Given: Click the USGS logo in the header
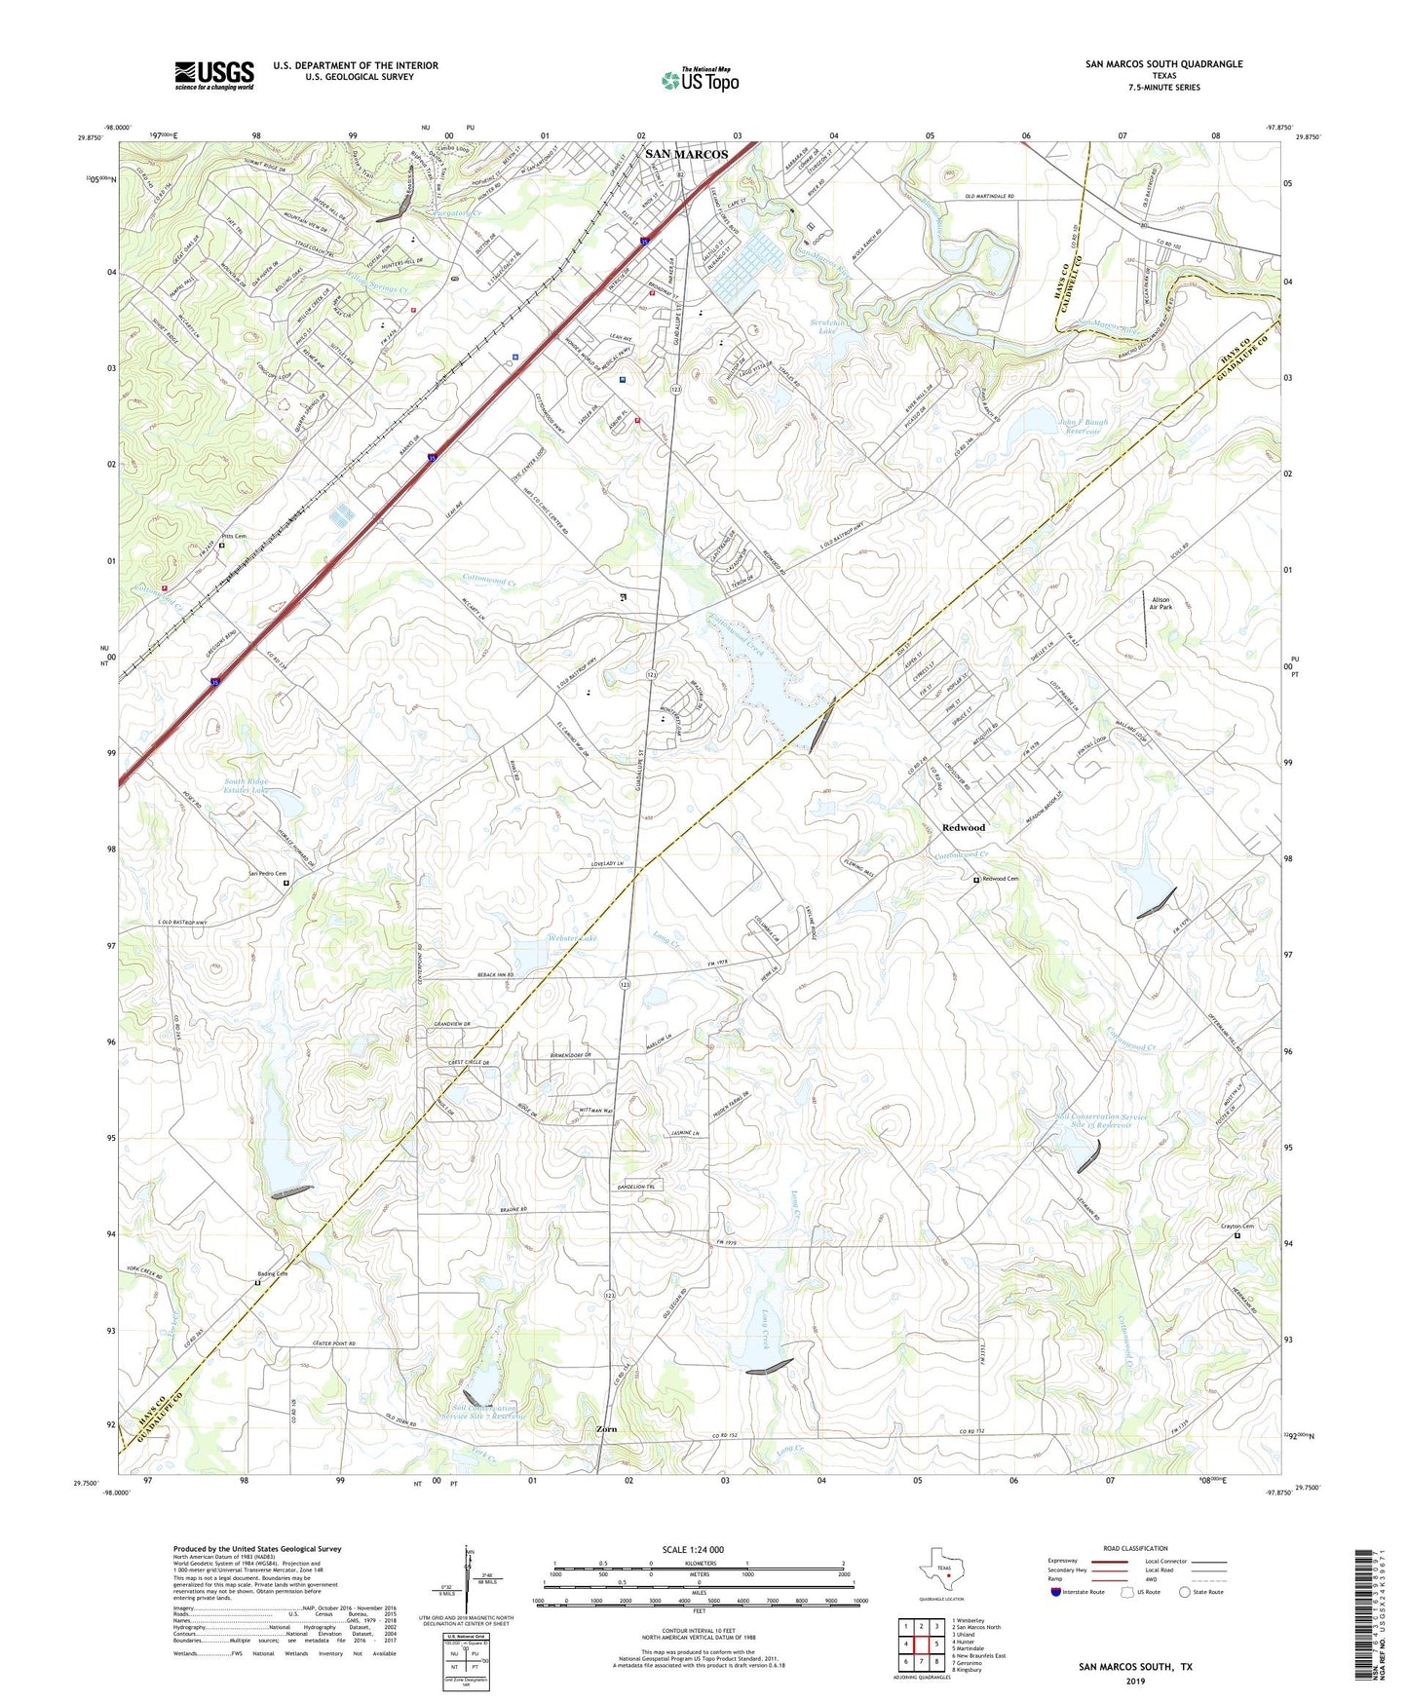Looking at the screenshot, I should point(214,74).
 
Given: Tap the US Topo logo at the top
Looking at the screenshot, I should point(700,80).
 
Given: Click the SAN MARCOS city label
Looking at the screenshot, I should point(687,154).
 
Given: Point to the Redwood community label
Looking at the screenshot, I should point(963,827).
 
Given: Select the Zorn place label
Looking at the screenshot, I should point(606,1429).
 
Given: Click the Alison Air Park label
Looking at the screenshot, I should point(1161,603).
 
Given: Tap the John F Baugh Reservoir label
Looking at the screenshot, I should point(1083,427).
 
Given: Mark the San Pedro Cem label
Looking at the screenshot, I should point(267,874).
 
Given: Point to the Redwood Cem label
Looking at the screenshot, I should point(1000,879).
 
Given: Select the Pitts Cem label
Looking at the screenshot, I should point(234,536).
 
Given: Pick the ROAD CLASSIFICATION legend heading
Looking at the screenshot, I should point(1134,1549).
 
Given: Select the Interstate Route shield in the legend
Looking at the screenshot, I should point(1057,1593).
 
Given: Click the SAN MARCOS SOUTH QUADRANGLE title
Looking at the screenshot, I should point(1163,64).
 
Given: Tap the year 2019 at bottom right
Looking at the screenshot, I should point(1135,1681).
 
